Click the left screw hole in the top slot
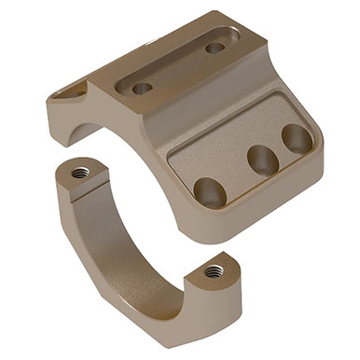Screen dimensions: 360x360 (142, 88)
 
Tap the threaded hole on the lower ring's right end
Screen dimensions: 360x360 (215, 271)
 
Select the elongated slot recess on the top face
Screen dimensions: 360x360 (177, 67)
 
